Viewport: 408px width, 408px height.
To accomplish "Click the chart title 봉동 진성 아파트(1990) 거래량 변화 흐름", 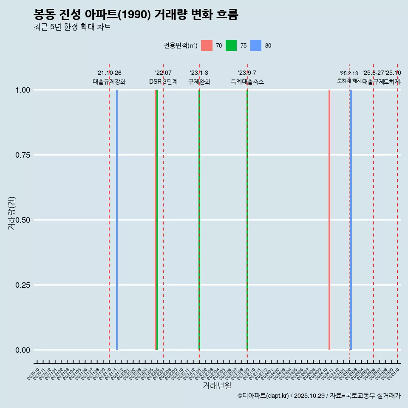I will click(x=136, y=14).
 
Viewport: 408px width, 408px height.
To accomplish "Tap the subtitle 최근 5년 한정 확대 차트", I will click(x=72, y=27).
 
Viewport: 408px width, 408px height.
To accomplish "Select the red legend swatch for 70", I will click(x=207, y=45).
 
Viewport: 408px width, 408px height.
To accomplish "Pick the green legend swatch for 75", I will click(x=231, y=45).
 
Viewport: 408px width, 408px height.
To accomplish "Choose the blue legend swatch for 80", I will click(x=256, y=45).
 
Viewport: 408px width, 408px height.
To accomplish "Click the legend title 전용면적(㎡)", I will click(x=180, y=45).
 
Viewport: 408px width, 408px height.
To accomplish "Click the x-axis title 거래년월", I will click(x=217, y=385).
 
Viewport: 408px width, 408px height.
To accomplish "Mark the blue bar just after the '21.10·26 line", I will click(x=117, y=220).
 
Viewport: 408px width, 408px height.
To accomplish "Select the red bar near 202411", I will click(x=329, y=220).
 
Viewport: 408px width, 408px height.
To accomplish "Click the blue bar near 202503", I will click(x=351, y=220).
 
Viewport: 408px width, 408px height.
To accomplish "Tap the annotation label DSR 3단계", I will click(x=163, y=82).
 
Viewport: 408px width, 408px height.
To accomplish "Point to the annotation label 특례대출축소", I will click(x=247, y=82).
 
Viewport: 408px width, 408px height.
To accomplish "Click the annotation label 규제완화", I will click(x=199, y=82).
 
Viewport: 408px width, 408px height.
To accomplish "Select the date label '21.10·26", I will click(x=109, y=73).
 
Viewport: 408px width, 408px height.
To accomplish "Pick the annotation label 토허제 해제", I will click(x=349, y=80).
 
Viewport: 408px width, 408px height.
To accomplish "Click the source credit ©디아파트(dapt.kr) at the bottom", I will click(x=263, y=396).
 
